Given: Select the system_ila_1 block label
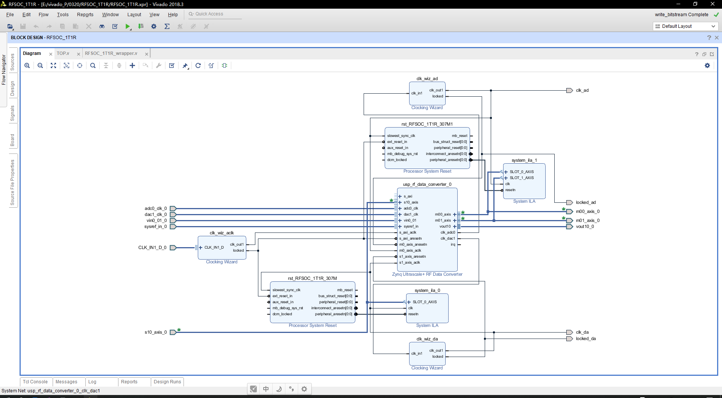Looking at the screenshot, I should tap(524, 160).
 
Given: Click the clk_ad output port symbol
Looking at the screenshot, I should tap(569, 90).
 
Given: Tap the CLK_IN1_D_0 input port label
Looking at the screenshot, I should tap(152, 248).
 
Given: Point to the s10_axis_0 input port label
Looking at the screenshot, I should tap(155, 332).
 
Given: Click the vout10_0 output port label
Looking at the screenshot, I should tap(585, 226).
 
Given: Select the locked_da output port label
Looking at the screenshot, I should tap(585, 339).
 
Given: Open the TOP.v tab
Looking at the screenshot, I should tap(63, 53).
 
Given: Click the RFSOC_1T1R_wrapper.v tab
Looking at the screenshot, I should tap(111, 53).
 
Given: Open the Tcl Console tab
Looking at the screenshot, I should tap(35, 382).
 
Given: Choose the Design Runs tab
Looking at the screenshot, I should tap(167, 382).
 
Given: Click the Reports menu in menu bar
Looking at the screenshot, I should tap(85, 15).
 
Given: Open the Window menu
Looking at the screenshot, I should tap(110, 15).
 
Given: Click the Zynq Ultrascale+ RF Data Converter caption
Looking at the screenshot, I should tap(427, 274).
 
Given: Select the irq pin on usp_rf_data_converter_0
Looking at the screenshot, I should tap(453, 245).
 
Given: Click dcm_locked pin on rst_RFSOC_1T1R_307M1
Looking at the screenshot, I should tap(397, 160).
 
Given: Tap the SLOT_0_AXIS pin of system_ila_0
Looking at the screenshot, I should tap(425, 302).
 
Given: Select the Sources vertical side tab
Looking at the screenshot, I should tap(12, 62).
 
